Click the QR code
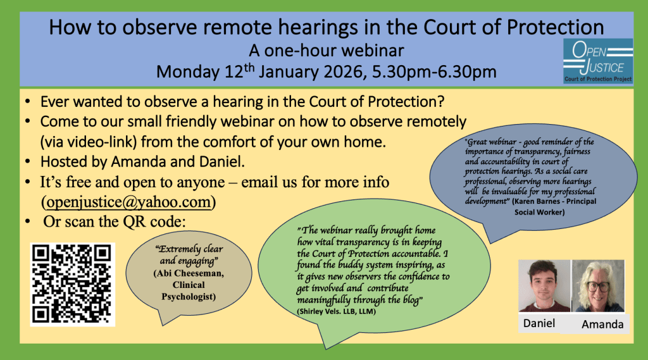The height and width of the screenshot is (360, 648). click(x=72, y=284)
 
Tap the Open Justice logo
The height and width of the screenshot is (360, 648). click(x=598, y=61)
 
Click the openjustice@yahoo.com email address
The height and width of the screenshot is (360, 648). click(x=129, y=202)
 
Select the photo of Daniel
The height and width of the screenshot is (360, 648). click(x=544, y=285)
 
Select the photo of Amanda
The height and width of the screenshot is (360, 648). click(x=598, y=285)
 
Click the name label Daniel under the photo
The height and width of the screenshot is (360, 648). click(x=539, y=323)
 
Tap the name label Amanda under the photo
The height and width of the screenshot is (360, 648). click(x=602, y=325)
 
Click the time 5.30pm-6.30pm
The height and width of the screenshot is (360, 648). click(x=434, y=72)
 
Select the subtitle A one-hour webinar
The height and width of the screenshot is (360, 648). click(x=326, y=51)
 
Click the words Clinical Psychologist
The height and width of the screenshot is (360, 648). click(x=189, y=290)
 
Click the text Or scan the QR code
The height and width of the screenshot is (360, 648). click(x=115, y=222)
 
